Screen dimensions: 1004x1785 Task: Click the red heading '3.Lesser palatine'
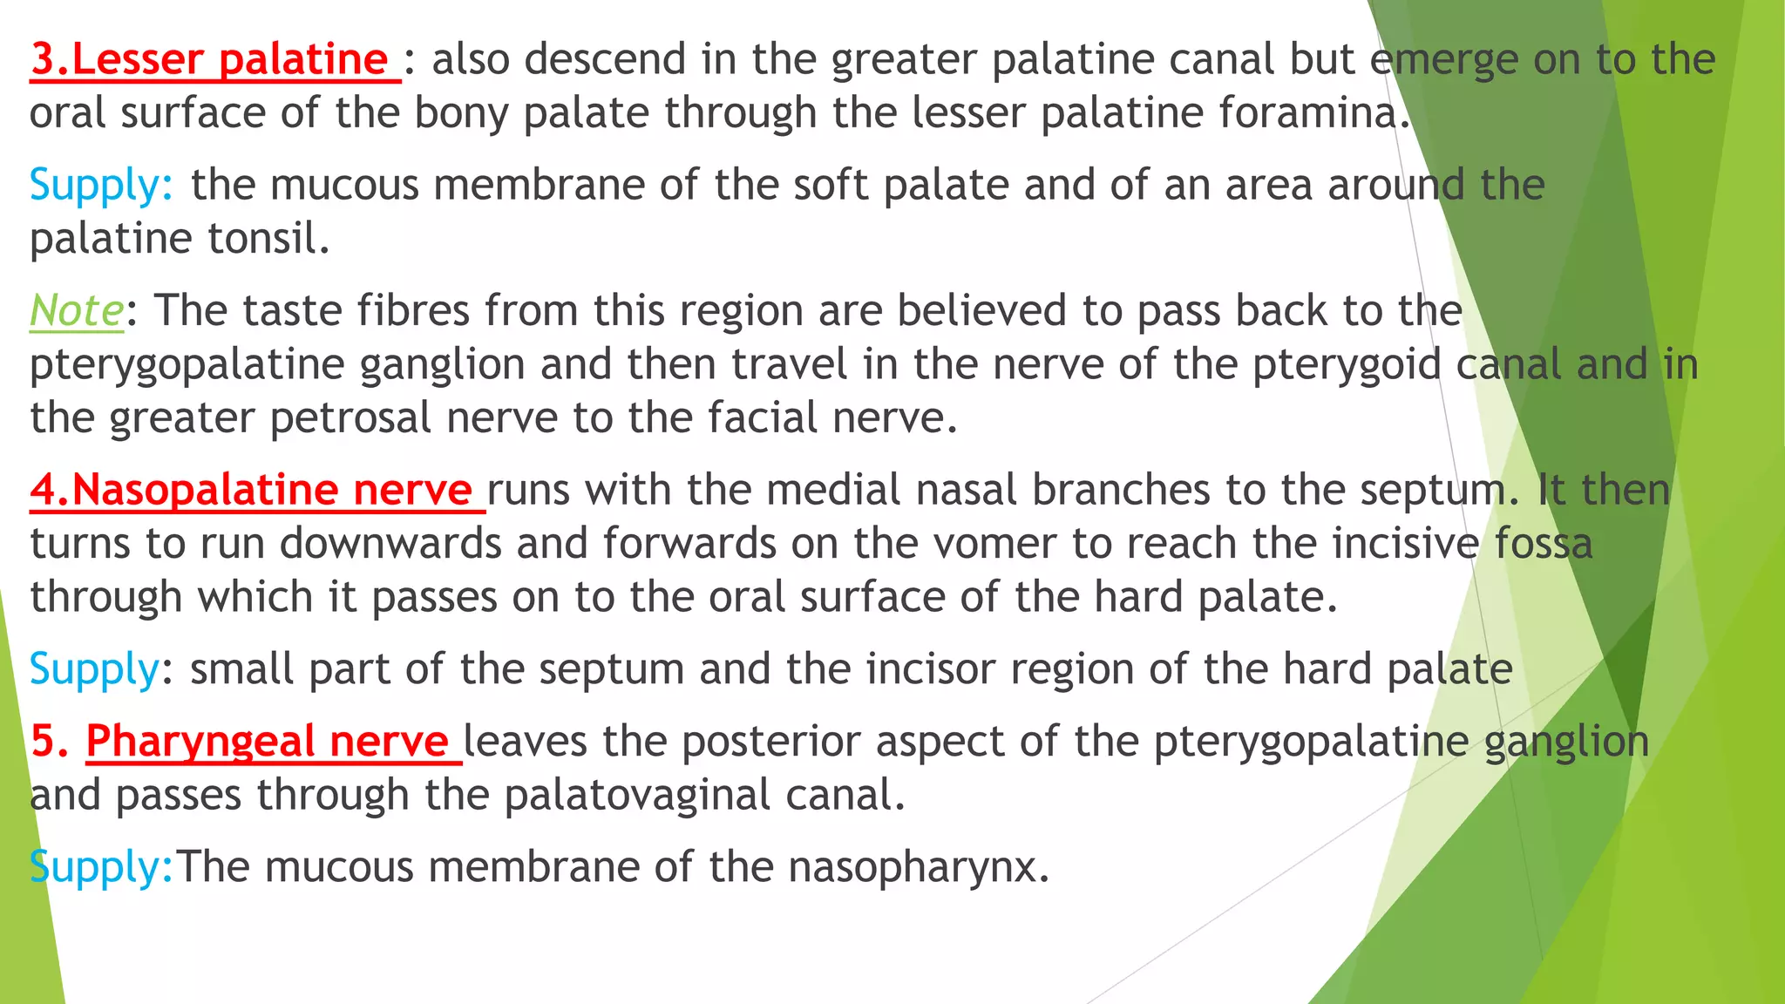click(x=209, y=59)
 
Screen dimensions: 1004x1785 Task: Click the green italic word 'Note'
click(x=77, y=311)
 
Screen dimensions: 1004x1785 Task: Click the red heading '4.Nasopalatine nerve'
click(x=251, y=490)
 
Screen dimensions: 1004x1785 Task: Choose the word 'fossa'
click(x=1544, y=545)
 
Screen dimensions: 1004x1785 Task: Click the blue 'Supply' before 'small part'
click(x=94, y=670)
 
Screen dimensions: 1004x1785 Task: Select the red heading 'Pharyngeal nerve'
click(x=267, y=742)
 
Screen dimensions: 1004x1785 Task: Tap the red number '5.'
click(x=50, y=742)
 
